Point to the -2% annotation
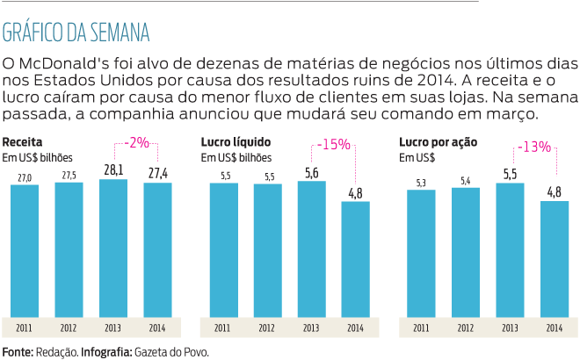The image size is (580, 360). tap(136, 141)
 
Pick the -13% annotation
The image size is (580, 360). tap(534, 147)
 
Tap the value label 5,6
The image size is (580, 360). tap(311, 173)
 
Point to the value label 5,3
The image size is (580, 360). tap(422, 182)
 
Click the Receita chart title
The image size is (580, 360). tap(23, 141)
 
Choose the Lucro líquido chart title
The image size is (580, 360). tap(236, 141)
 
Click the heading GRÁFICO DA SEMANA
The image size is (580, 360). tap(76, 32)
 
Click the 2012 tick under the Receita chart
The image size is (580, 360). tap(69, 328)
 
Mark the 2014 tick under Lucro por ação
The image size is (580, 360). tap(555, 328)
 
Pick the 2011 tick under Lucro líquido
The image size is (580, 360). tap(222, 328)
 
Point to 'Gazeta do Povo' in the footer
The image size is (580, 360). tap(172, 351)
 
